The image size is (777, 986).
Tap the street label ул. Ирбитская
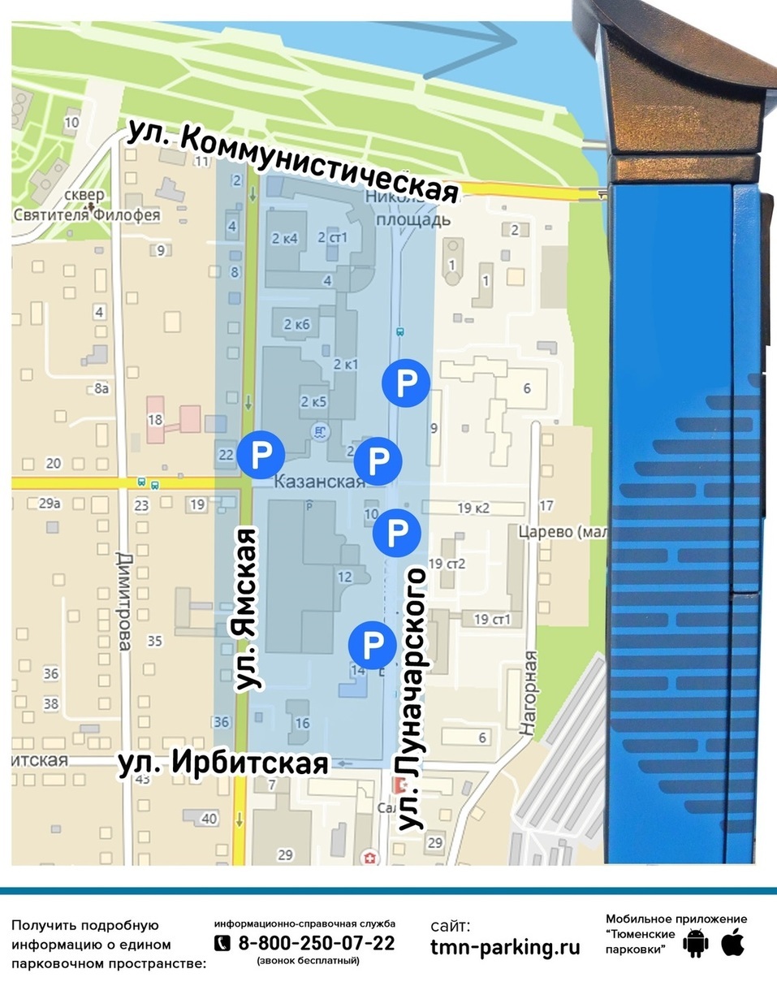pyautogui.click(x=223, y=764)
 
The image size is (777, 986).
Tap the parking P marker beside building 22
pyautogui.click(x=261, y=456)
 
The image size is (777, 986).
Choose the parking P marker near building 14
pyautogui.click(x=372, y=646)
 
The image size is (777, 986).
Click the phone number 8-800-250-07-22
pyautogui.click(x=316, y=943)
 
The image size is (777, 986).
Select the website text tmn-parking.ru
pyautogui.click(x=505, y=947)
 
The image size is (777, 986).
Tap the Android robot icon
pyautogui.click(x=695, y=944)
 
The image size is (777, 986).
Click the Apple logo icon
pyautogui.click(x=732, y=943)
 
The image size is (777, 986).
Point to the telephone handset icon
pyautogui.click(x=222, y=943)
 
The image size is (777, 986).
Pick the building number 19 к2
pyautogui.click(x=474, y=508)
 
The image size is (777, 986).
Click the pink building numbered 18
pyautogui.click(x=155, y=419)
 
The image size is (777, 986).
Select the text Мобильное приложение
pyautogui.click(x=676, y=919)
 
